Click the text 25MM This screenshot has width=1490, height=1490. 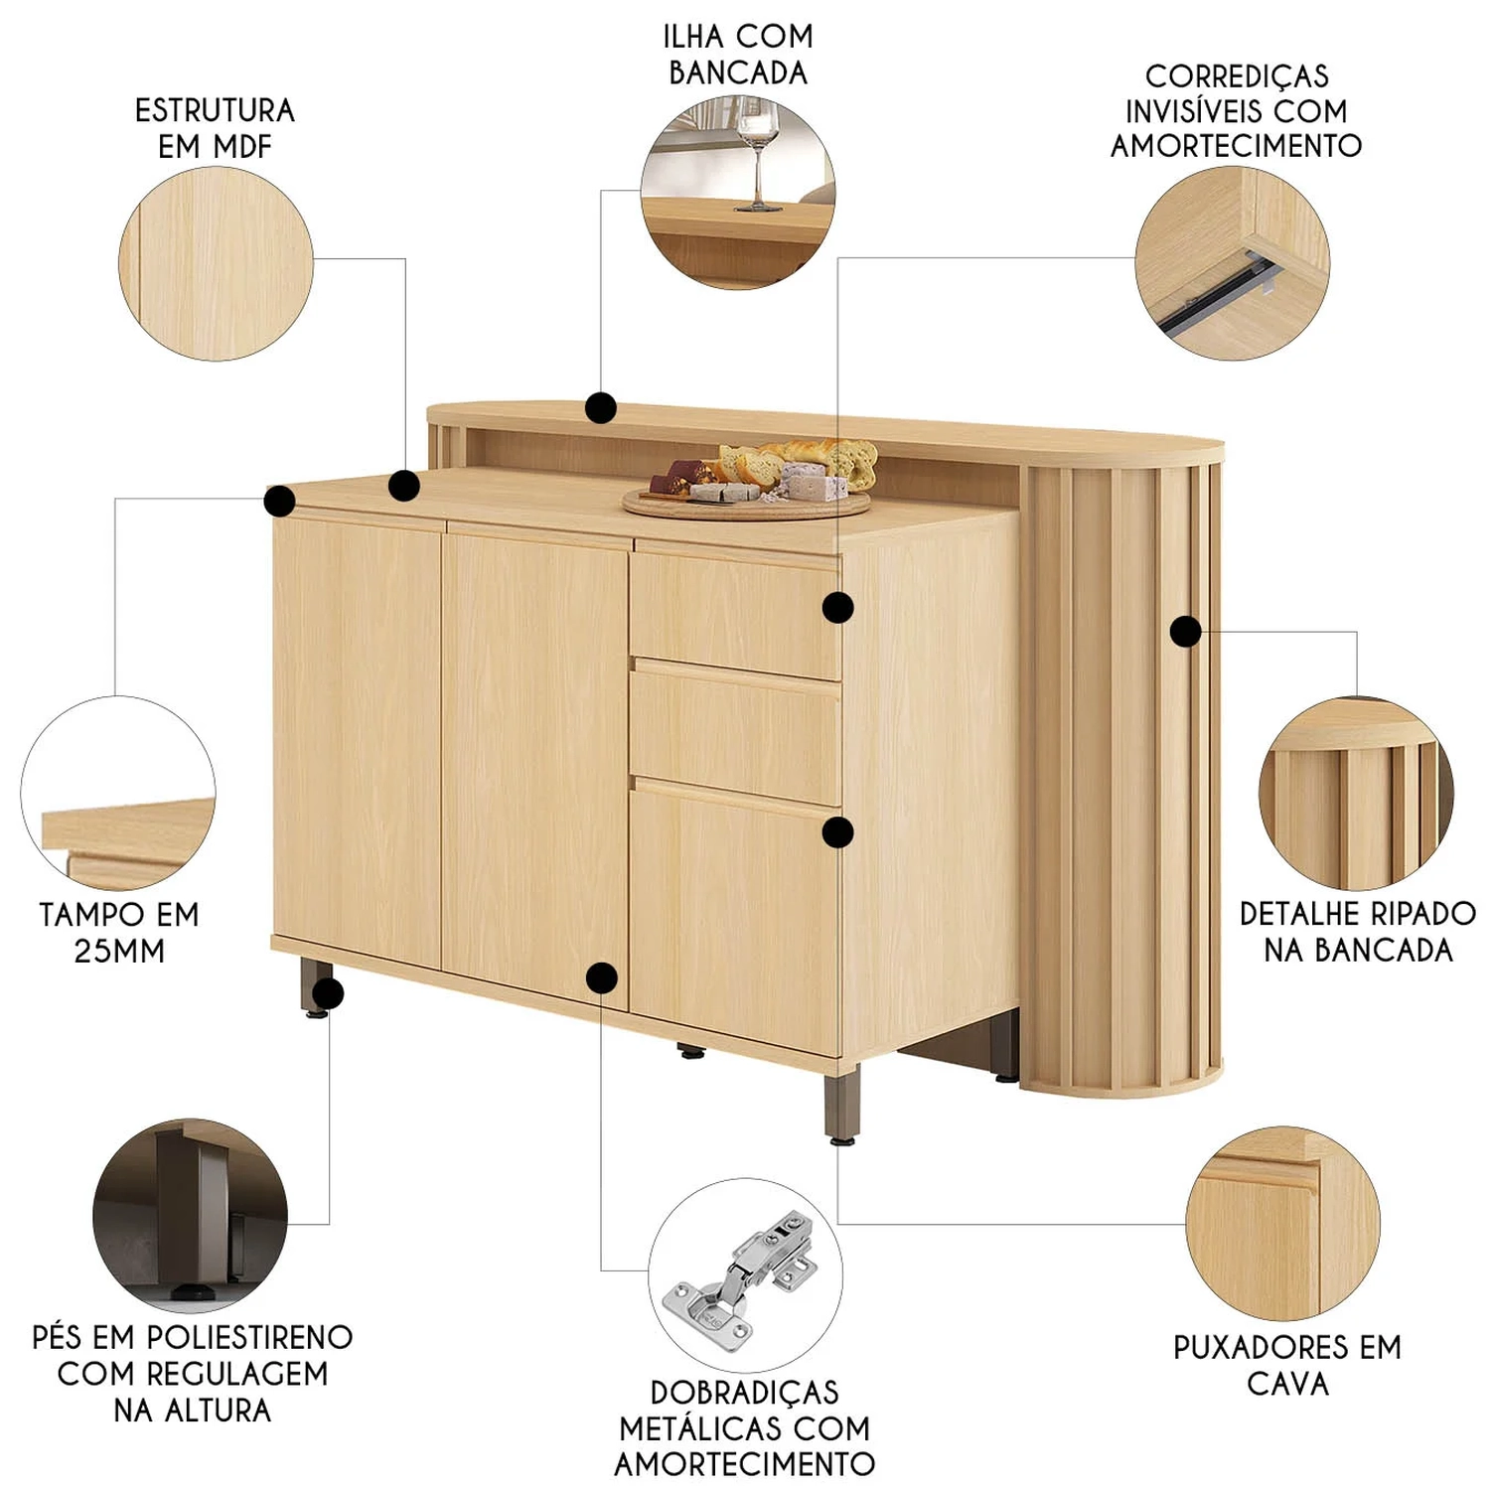click(119, 951)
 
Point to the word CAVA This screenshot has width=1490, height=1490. click(1287, 1383)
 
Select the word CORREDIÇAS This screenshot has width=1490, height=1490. click(1237, 77)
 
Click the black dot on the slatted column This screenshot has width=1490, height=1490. click(1185, 631)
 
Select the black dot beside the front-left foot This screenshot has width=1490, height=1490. click(328, 993)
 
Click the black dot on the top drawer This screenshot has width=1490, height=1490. click(838, 607)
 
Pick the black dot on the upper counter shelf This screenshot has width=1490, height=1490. click(601, 407)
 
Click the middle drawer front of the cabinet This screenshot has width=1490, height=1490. click(735, 733)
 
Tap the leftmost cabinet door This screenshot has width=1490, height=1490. click(358, 740)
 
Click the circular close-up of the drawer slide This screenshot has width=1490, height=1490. click(1233, 263)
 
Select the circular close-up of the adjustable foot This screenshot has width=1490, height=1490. click(191, 1216)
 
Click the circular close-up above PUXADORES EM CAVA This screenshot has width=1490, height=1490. click(1282, 1224)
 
